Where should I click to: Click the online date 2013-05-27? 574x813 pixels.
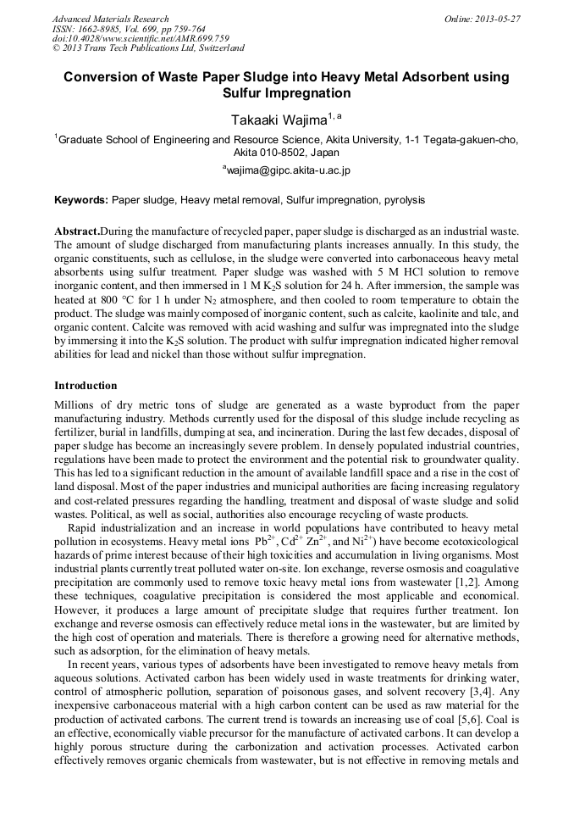499,19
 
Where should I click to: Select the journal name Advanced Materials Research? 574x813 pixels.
111,19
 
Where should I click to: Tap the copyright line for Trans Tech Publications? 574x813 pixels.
148,49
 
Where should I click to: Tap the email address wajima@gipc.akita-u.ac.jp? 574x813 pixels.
288,170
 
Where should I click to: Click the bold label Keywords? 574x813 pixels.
81,200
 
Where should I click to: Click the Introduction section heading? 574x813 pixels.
86,386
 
